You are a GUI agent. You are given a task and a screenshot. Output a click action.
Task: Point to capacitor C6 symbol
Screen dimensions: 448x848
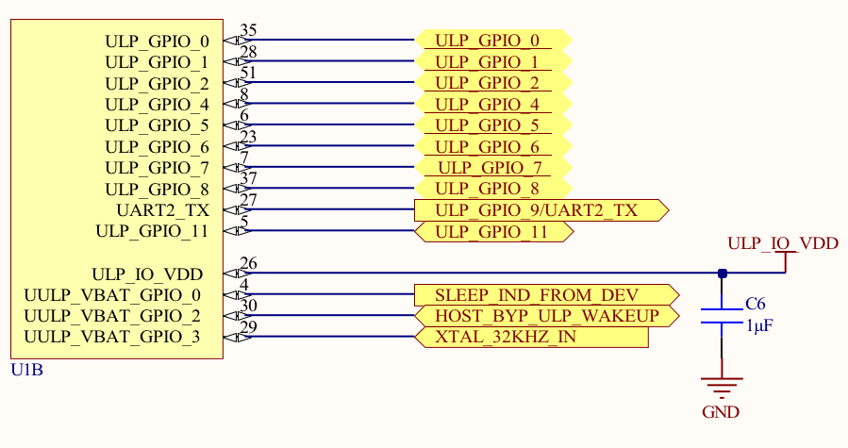(x=722, y=315)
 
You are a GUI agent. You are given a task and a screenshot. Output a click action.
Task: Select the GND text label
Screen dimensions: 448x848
(x=721, y=412)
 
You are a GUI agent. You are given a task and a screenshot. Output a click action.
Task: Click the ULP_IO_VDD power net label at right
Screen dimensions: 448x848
(x=783, y=243)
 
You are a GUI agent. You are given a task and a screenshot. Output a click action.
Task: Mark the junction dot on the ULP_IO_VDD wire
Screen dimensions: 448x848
(x=722, y=274)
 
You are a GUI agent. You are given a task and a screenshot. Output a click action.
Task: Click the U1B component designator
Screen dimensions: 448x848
(x=26, y=369)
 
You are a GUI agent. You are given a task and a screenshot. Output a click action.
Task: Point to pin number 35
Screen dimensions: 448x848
(x=249, y=30)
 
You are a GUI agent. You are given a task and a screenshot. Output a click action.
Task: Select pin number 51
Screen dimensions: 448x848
(x=249, y=73)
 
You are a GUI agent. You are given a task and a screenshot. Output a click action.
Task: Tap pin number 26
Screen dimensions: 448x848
(x=249, y=263)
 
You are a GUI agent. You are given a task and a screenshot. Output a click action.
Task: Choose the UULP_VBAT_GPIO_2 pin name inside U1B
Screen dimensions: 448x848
(x=112, y=316)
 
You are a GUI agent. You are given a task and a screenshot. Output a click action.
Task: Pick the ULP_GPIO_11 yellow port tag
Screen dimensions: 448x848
(x=491, y=231)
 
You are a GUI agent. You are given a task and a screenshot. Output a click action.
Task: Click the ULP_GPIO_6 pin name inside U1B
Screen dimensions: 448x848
(x=157, y=146)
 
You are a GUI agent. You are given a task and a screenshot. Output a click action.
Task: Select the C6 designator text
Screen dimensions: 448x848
(x=755, y=305)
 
